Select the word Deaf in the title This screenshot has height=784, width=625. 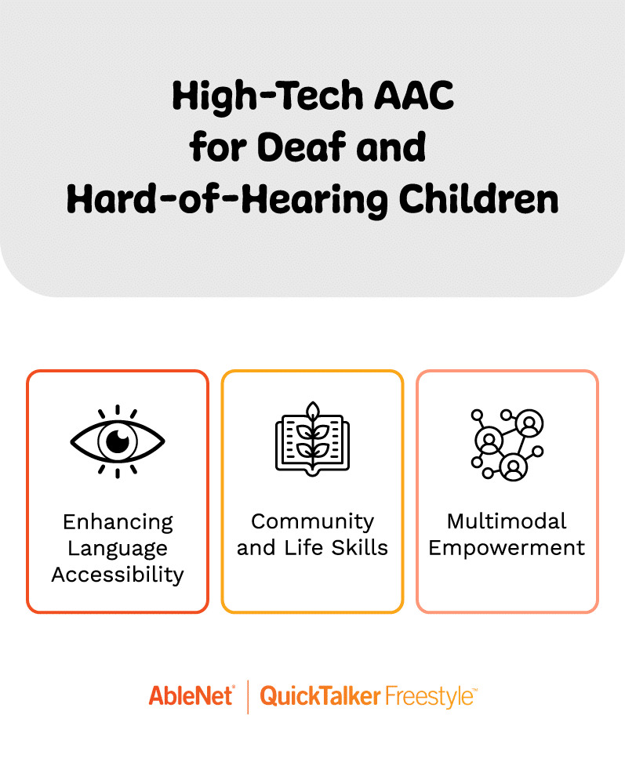tap(315, 148)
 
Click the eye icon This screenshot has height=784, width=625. tap(117, 441)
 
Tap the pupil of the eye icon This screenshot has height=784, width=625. tap(117, 441)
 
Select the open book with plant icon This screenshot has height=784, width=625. tap(312, 438)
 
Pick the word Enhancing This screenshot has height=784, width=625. tap(118, 522)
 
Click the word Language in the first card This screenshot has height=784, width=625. tap(118, 548)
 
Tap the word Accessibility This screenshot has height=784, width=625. tap(118, 575)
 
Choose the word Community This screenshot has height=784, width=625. tap(312, 522)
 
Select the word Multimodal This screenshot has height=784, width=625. tap(507, 522)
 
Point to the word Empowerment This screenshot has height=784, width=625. tap(507, 548)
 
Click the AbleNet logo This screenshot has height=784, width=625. tap(191, 695)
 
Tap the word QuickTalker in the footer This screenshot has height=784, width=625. tap(320, 696)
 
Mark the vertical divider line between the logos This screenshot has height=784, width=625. tap(248, 696)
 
